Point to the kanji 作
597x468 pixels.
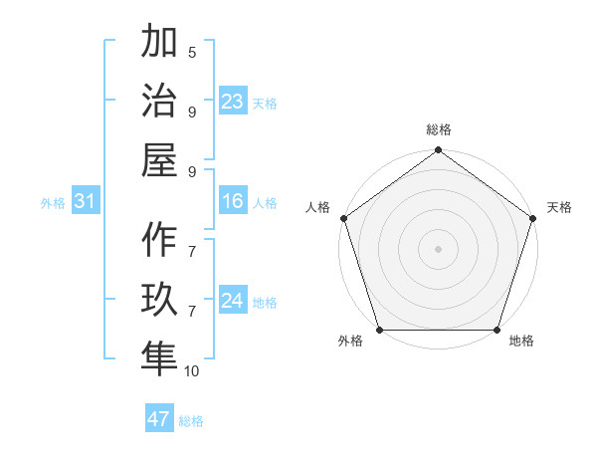click(x=159, y=240)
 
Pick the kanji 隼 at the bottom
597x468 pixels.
click(x=159, y=359)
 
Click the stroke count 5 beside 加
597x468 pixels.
click(x=192, y=53)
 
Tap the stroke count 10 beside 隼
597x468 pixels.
click(x=192, y=371)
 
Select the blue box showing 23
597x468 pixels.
click(x=233, y=102)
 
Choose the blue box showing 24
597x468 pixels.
click(x=233, y=301)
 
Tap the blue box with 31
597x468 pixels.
click(x=85, y=202)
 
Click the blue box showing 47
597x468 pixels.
click(x=159, y=419)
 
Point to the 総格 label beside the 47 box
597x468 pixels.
click(x=191, y=421)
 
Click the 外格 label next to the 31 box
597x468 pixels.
click(x=53, y=203)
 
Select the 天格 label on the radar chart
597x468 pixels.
click(x=559, y=207)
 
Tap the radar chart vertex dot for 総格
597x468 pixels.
click(x=438, y=150)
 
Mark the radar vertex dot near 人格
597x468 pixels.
click(x=344, y=218)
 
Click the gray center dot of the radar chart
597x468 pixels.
click(x=438, y=248)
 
